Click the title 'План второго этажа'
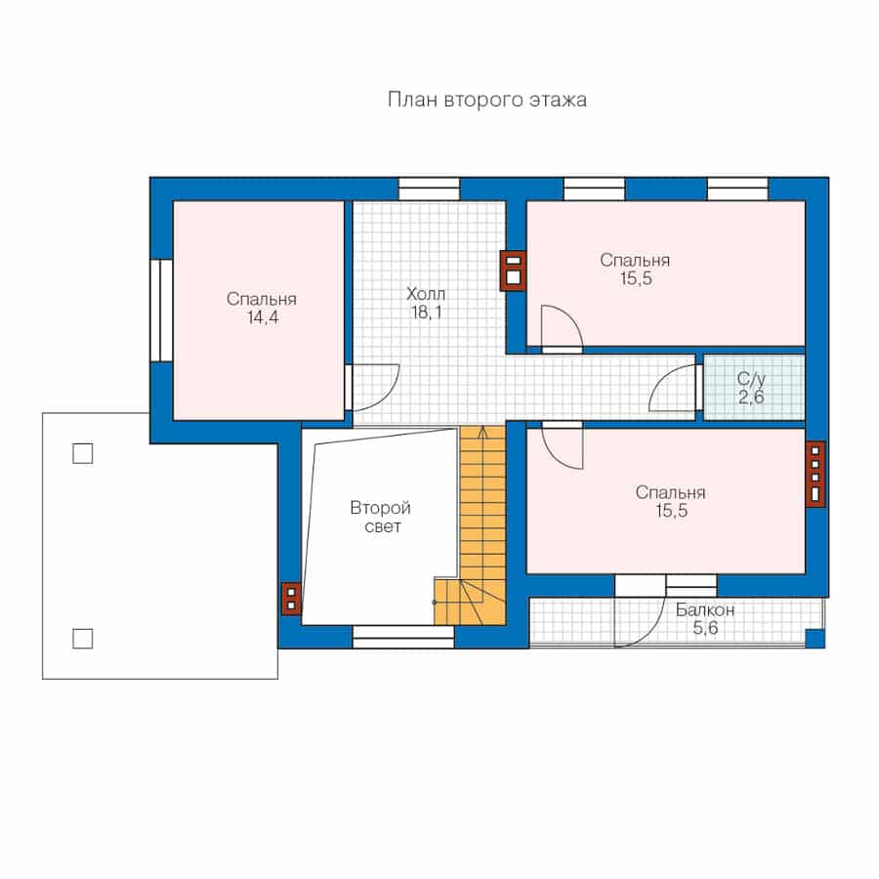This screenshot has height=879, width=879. click(487, 100)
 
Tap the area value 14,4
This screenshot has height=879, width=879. click(263, 317)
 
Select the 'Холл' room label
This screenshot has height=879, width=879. click(426, 293)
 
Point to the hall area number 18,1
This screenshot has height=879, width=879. click(427, 313)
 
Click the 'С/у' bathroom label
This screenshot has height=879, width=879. click(751, 379)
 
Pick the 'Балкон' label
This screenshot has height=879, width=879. click(704, 609)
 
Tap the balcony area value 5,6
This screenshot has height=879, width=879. click(705, 628)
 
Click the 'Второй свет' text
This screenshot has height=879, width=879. click(381, 517)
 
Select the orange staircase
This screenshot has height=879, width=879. click(477, 527)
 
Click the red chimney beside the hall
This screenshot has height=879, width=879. click(513, 271)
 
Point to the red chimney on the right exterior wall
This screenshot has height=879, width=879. click(816, 475)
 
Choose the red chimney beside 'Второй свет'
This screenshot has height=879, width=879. click(291, 599)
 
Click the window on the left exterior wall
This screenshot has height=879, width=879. click(161, 310)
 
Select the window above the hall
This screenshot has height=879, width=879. click(429, 188)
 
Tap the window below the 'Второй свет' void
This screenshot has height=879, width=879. click(403, 638)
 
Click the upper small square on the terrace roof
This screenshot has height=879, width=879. click(83, 453)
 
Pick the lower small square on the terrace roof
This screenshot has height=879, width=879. click(83, 639)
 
